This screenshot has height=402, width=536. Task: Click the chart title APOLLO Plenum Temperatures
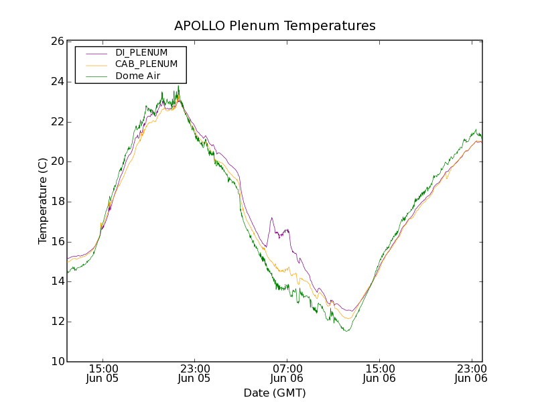pyautogui.click(x=275, y=26)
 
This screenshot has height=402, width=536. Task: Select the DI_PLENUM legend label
pyautogui.click(x=141, y=52)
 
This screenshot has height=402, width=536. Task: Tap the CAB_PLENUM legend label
pyautogui.click(x=146, y=64)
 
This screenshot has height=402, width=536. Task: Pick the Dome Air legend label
pyautogui.click(x=137, y=76)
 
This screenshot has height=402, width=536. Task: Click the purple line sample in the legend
pyautogui.click(x=96, y=53)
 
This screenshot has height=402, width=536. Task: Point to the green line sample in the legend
pyautogui.click(x=96, y=76)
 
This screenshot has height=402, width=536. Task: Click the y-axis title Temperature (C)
pyautogui.click(x=43, y=201)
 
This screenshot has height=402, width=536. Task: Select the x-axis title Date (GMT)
pyautogui.click(x=275, y=393)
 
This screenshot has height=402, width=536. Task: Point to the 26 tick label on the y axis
pyautogui.click(x=57, y=42)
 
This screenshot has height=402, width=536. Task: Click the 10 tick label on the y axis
pyautogui.click(x=57, y=362)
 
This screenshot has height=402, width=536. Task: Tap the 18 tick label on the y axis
pyautogui.click(x=57, y=202)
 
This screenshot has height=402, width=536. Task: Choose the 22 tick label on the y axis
pyautogui.click(x=57, y=122)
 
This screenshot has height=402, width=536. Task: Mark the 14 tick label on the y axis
pyautogui.click(x=57, y=281)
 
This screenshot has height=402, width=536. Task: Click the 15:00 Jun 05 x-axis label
pyautogui.click(x=103, y=373)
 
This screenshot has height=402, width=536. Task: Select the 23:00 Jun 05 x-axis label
pyautogui.click(x=194, y=373)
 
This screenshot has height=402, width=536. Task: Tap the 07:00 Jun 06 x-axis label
pyautogui.click(x=287, y=373)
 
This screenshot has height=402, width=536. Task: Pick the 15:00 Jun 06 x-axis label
pyautogui.click(x=379, y=373)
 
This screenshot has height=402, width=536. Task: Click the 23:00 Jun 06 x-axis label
pyautogui.click(x=471, y=373)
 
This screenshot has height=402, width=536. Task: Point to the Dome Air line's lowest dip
pyautogui.click(x=346, y=331)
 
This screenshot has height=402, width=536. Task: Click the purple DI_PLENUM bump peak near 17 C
pyautogui.click(x=271, y=218)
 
